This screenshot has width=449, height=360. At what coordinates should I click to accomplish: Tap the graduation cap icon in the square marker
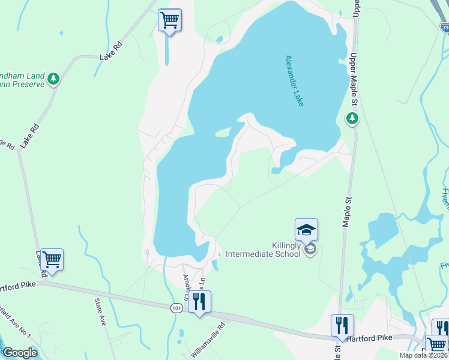coord(306,229)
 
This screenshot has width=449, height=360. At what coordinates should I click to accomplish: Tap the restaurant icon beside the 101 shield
coord(199,301)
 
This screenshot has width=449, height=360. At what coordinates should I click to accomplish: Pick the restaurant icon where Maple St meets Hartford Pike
coord(342,325)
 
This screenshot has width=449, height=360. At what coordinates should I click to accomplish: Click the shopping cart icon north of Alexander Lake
coord(170,20)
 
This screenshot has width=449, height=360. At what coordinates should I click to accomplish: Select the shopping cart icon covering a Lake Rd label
coord(52,260)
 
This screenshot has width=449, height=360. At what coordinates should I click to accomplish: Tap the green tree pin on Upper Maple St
coord(352,119)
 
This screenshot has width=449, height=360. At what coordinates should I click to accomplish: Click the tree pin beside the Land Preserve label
coord(54,79)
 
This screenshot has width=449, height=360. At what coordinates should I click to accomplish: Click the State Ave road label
coord(100,311)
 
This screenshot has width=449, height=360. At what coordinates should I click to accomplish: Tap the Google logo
coord(19,353)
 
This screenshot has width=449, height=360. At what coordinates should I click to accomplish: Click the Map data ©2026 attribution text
coord(424,355)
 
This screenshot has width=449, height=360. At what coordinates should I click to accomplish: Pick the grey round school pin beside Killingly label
coord(310,249)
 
